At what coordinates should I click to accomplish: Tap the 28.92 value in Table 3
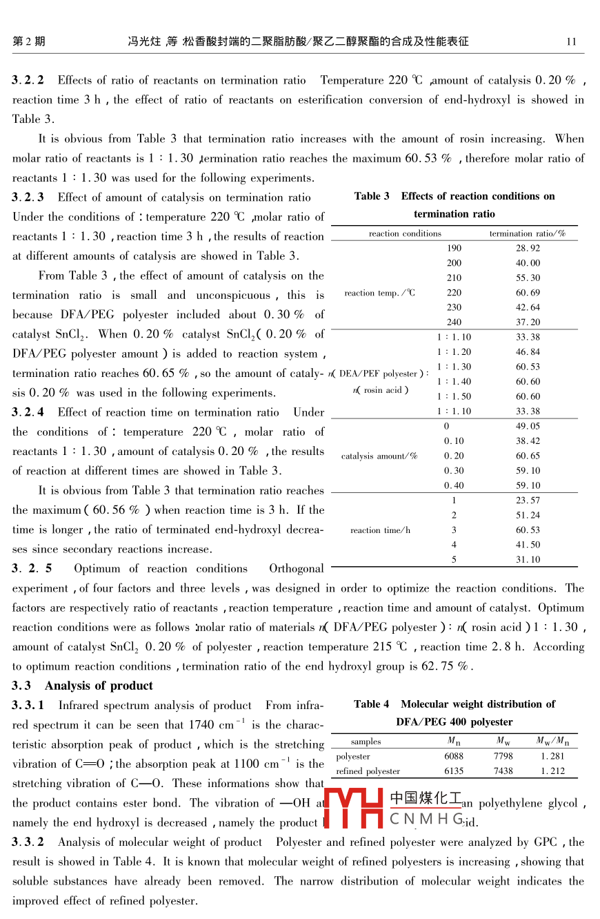tap(528, 248)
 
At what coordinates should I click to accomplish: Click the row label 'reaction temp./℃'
tap(380, 293)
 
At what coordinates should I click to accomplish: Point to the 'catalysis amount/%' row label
tap(379, 456)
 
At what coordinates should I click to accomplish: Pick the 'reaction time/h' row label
tap(380, 530)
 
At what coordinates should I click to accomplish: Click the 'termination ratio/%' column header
tap(528, 233)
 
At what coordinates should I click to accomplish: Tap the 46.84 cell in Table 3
tap(528, 352)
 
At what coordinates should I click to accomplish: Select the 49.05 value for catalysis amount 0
tap(528, 426)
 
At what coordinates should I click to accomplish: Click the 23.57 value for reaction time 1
tap(528, 501)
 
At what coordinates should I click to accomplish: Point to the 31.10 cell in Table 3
tap(528, 560)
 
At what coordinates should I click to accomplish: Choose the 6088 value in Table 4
tap(454, 757)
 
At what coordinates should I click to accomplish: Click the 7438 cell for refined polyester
tap(503, 771)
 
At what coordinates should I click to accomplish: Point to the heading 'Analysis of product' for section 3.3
tap(99, 686)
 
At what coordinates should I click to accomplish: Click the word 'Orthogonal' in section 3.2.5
tap(296, 569)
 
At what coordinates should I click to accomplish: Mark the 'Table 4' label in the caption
tap(372, 704)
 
